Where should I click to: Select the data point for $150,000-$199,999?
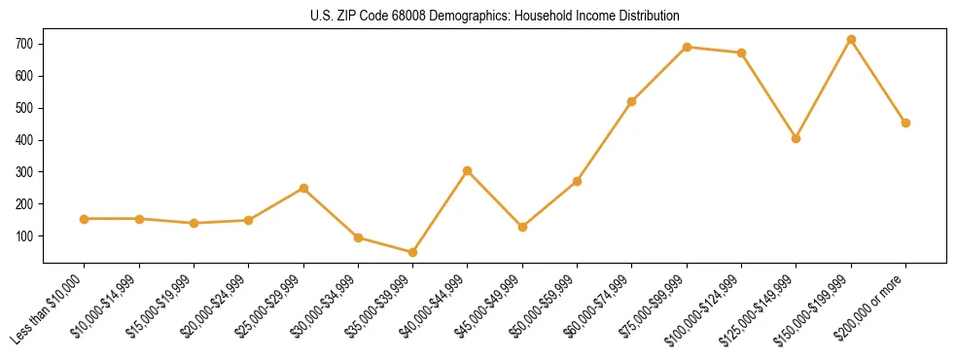851,40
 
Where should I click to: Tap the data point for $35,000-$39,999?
412,252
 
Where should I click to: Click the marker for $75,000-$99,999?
687,47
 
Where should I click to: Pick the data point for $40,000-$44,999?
468,170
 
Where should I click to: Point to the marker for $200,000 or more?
905,123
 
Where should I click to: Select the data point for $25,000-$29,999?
303,188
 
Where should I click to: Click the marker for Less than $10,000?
85,219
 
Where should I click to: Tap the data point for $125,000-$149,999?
796,138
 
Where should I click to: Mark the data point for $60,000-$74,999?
632,101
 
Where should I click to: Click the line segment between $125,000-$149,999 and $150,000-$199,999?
824,89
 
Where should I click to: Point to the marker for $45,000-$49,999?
522,227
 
